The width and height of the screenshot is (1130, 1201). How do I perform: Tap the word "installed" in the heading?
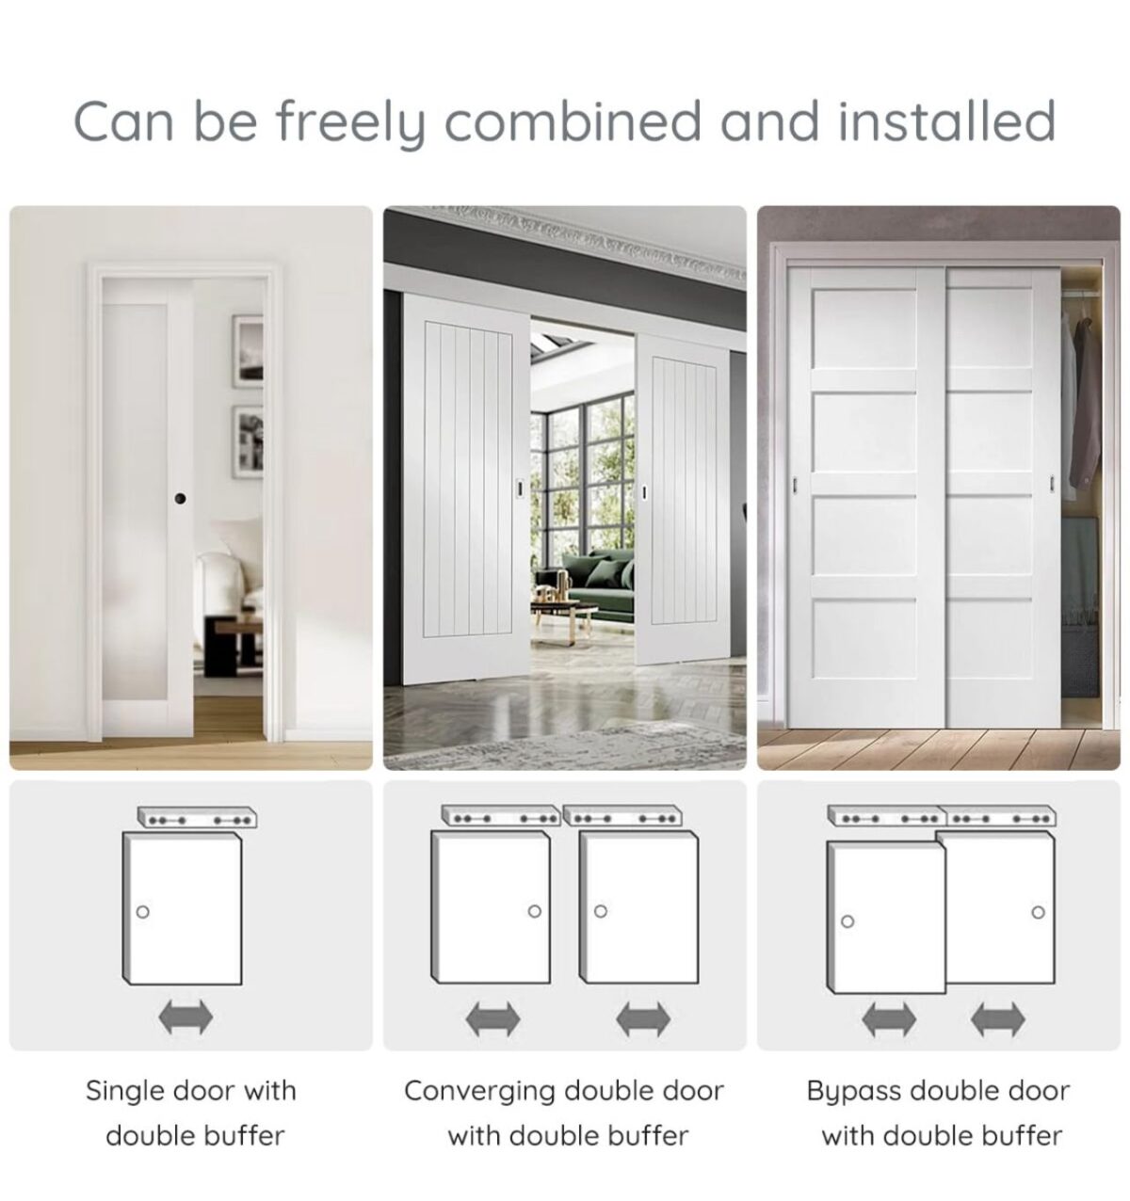947,120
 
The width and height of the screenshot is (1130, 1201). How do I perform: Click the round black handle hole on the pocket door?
180,498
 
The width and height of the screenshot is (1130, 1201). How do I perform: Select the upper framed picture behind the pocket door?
248,351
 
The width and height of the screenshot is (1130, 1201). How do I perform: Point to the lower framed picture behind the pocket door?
248,441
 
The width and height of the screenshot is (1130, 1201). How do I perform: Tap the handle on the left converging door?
520,487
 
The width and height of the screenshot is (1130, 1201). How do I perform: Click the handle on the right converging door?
644,492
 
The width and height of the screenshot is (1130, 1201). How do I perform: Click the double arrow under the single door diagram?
186,1017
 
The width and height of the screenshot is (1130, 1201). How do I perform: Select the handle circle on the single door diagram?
143,912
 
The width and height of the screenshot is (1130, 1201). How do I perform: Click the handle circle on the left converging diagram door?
535,911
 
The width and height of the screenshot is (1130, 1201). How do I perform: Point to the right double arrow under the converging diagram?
643,1018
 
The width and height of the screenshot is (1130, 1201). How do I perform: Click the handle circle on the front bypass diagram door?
847,921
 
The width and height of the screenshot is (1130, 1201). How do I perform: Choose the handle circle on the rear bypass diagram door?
1038,913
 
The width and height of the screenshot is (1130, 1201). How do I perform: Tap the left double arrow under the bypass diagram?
889,1018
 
